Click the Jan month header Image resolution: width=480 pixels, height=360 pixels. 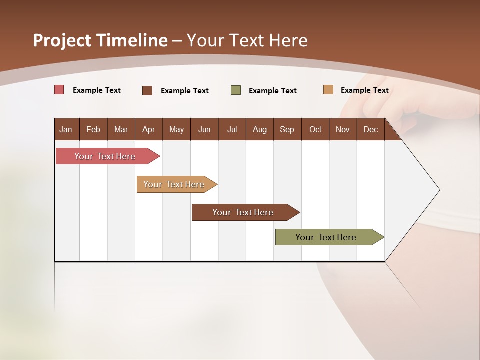point(66,130)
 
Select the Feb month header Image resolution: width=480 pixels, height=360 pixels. point(93,130)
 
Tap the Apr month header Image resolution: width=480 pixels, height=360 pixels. point(148,130)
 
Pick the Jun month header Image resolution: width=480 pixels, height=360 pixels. point(204,130)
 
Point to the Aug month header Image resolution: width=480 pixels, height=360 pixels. point(259,130)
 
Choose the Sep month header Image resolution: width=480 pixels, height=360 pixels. point(287,130)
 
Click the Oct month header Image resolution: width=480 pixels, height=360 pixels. point(315,130)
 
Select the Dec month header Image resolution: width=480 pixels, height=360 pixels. point(370,130)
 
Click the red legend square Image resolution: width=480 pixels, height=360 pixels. point(59,90)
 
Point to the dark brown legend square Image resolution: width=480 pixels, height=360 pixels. point(147,90)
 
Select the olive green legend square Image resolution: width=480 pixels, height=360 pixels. point(236,90)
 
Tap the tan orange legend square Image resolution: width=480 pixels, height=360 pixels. point(328,90)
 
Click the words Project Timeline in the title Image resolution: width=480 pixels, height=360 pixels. point(100,40)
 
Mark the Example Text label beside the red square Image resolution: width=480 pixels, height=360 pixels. point(97,90)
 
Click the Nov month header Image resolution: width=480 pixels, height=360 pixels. point(343,130)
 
